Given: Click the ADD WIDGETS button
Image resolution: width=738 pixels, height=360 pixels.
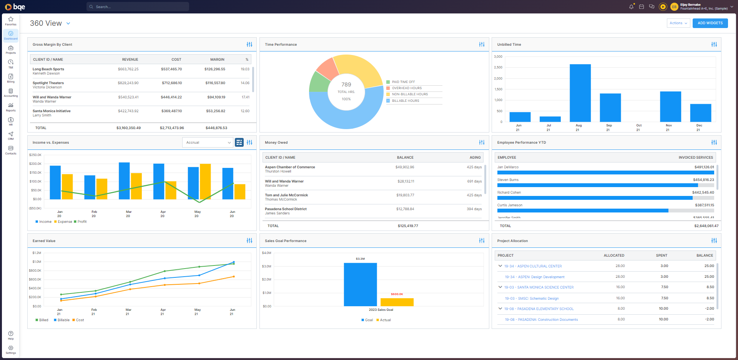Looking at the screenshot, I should coord(710,23).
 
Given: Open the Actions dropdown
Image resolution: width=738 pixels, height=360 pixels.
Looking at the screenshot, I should coord(678,23).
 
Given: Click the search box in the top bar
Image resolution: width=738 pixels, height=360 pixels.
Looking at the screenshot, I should coord(138,7).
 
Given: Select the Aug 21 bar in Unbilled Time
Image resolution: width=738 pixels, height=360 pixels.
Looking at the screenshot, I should coord(580,93).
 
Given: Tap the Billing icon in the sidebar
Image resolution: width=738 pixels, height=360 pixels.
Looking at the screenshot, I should coord(11,78).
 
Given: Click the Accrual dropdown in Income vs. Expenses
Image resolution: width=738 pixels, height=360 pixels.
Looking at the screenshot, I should coord(208,143).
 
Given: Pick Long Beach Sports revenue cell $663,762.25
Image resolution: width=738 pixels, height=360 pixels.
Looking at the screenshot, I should coord(128,69).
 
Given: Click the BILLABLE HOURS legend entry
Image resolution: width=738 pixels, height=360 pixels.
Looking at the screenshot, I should coord(406,101).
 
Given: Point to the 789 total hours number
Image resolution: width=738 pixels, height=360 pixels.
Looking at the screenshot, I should coord(346,85).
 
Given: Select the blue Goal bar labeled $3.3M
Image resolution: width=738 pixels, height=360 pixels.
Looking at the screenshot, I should coord(360,284).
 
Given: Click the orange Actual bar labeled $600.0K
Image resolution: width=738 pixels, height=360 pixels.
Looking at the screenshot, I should coord(397,302).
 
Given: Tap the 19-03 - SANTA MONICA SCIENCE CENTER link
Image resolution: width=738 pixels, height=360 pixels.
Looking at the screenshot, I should coord(539,287).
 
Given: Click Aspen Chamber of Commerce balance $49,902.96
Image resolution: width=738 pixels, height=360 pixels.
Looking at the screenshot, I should coord(405,167).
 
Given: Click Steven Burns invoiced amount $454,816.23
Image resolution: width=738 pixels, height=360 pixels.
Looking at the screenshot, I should coord(703,180).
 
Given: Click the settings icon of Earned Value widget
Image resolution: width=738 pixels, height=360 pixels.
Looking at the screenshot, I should coord(249,241).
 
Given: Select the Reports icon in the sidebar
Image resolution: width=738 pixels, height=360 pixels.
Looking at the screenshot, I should coord(11,107).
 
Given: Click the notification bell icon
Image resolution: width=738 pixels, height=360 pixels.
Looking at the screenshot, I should coord(631,7).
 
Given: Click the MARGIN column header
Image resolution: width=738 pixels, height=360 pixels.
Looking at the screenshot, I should coord(217,60).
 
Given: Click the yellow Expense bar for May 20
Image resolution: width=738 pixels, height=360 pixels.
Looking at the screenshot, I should coord(205,181).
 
